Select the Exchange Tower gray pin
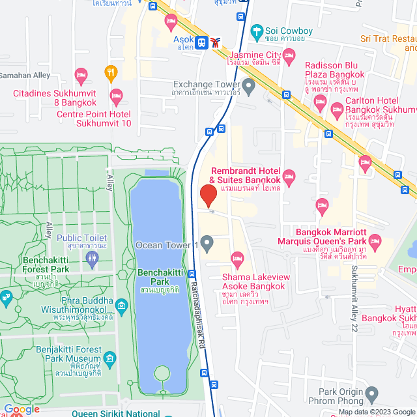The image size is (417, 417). pos(248,85)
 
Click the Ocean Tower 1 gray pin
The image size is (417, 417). pos(207,245)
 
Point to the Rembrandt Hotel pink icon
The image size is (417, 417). pos(289,177)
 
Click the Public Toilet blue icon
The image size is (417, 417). pos(92,259)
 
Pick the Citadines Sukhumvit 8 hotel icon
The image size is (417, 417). pos(81,74)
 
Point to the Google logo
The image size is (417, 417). pos(22,409)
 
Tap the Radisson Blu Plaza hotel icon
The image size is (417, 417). pos(320,101)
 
